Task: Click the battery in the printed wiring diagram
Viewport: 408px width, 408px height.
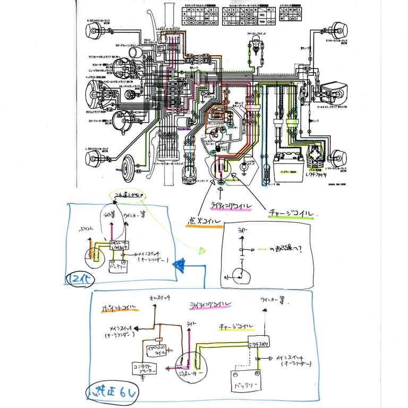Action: pos(287,161)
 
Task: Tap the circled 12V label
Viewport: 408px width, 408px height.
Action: pos(76,278)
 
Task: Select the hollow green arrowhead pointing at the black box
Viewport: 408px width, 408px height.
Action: pos(202,250)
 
